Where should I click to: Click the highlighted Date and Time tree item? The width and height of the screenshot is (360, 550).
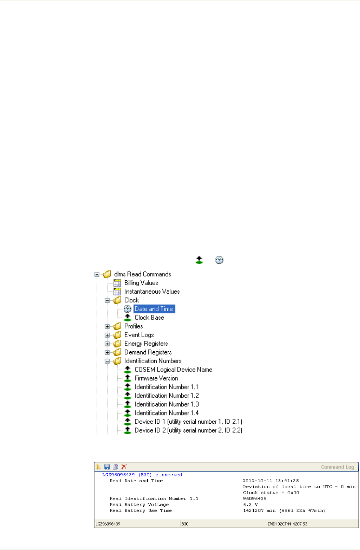click(x=154, y=309)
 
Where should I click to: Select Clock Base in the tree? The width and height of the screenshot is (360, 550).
click(x=149, y=318)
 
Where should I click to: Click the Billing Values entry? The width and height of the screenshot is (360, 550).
click(x=141, y=283)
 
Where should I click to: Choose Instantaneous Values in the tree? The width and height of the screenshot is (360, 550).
click(x=152, y=292)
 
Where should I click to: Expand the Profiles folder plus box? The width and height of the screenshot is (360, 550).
click(x=107, y=326)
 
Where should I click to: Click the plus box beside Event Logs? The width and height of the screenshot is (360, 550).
click(x=107, y=335)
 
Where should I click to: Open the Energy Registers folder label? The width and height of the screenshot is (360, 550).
click(x=146, y=344)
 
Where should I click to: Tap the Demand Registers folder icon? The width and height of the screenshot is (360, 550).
click(x=117, y=352)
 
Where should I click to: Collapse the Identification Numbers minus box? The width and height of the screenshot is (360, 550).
click(x=107, y=361)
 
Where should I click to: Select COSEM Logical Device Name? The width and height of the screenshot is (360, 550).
click(x=173, y=370)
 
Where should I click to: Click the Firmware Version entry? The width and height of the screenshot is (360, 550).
click(x=156, y=378)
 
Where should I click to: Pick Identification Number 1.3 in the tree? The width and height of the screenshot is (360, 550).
click(x=166, y=404)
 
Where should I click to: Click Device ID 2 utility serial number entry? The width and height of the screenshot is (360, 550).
click(x=188, y=430)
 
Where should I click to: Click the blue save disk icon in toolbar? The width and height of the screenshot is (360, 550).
click(x=107, y=467)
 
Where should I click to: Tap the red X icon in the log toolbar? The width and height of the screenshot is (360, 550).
click(x=124, y=467)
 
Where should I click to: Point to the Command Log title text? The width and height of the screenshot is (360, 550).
click(x=337, y=467)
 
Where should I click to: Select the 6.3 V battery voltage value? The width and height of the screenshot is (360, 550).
click(x=250, y=505)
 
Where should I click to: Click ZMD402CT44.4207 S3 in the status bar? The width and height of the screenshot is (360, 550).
click(x=287, y=524)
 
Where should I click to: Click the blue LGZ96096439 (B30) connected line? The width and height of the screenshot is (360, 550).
click(x=142, y=475)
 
